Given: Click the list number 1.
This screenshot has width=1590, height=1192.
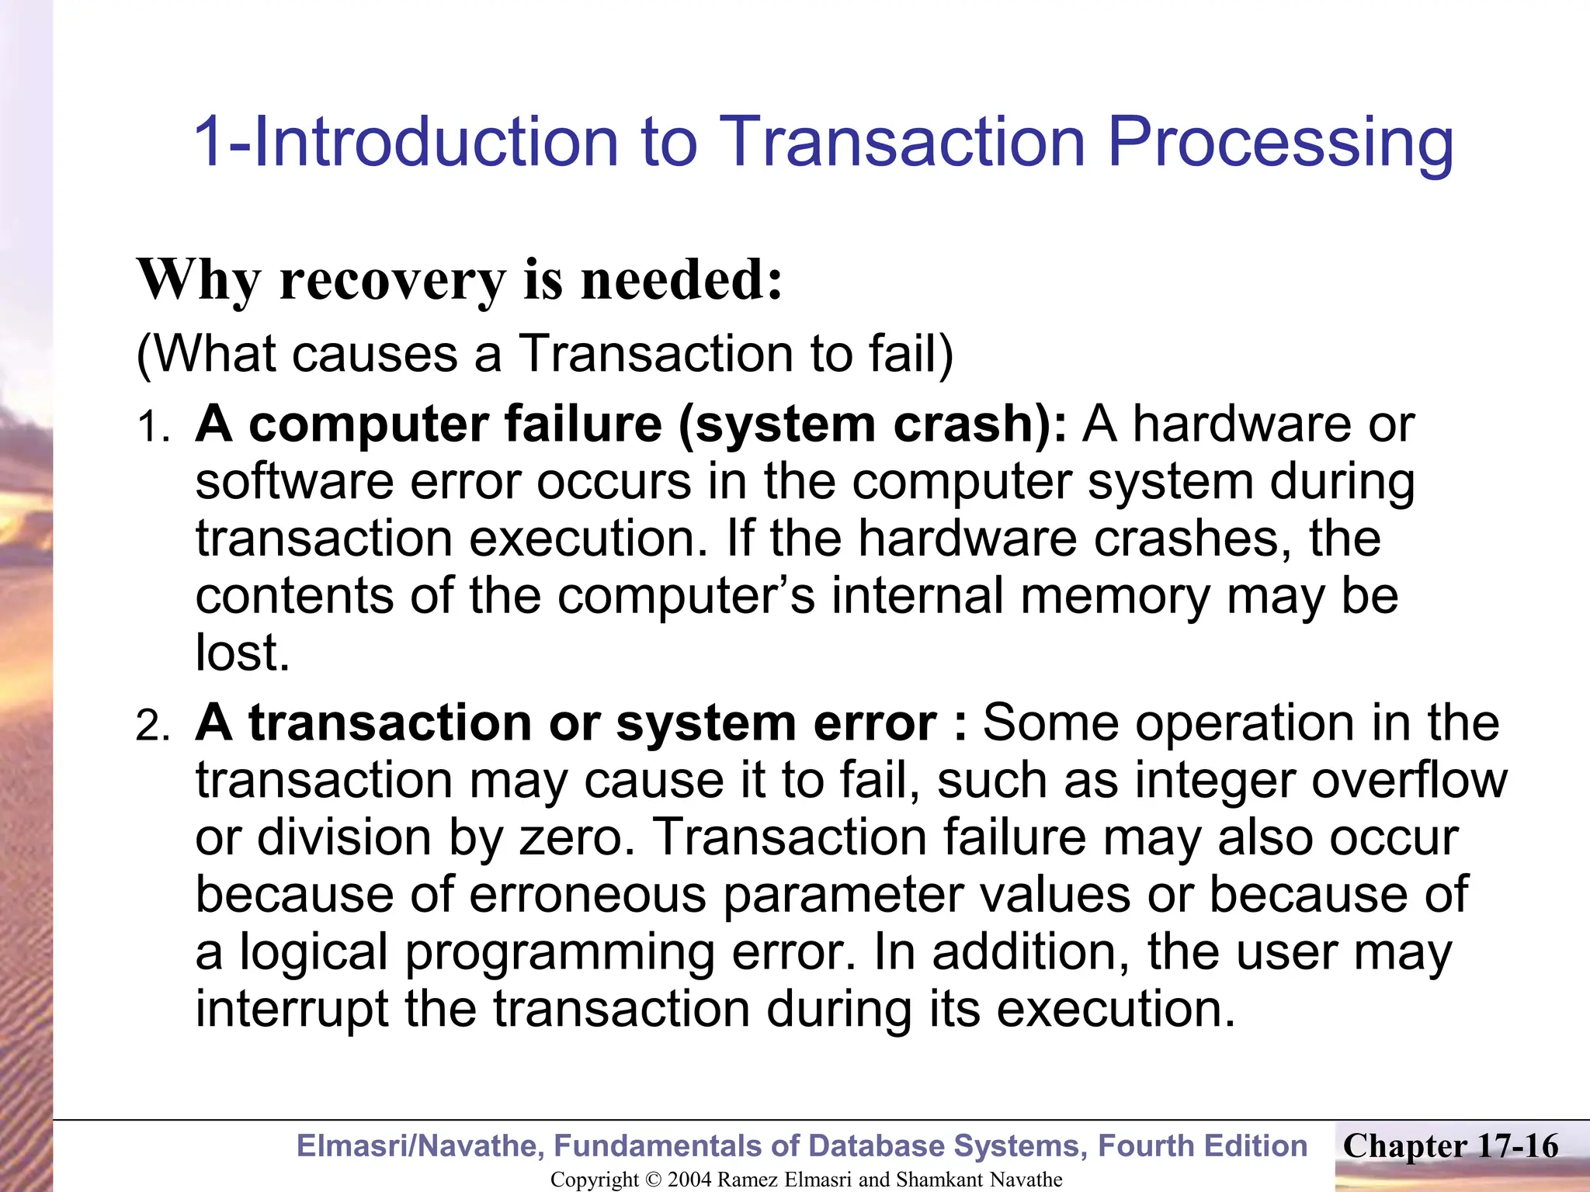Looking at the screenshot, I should click(x=152, y=428).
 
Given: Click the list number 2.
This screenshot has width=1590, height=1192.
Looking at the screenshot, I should click(x=152, y=726).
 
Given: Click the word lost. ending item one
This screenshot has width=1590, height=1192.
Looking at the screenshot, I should click(x=242, y=653).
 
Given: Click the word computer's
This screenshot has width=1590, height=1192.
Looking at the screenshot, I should click(x=686, y=596).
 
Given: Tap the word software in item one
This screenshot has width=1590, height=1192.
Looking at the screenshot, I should click(x=294, y=482).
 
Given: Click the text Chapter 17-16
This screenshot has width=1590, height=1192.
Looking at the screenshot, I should click(x=1450, y=1145).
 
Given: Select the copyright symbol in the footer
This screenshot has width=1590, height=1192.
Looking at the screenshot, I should click(x=654, y=1180).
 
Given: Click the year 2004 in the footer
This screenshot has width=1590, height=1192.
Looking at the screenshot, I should click(x=689, y=1180).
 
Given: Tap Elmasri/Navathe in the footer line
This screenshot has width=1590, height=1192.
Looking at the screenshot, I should click(x=420, y=1146).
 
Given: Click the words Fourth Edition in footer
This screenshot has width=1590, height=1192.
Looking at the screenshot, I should click(x=1203, y=1146).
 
